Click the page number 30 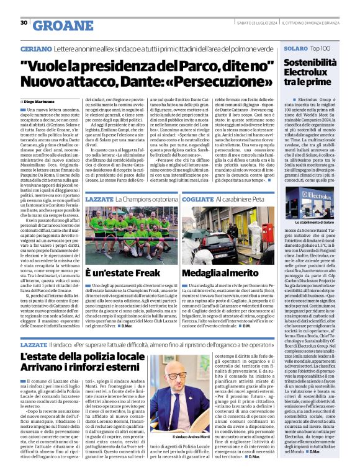tap(24, 23)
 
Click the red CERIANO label tap(35, 48)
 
